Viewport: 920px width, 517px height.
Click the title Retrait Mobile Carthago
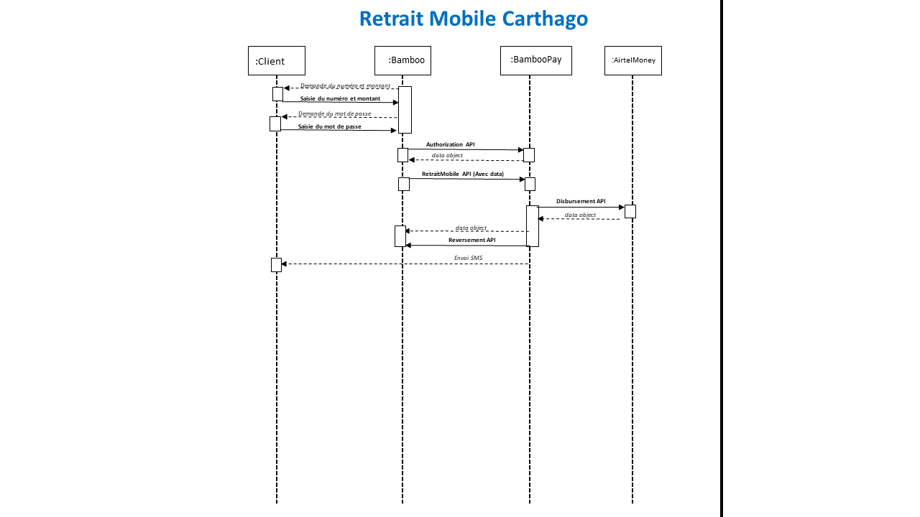coord(473,19)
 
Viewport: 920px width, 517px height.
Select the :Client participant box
coord(276,61)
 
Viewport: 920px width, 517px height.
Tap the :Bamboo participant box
coord(402,61)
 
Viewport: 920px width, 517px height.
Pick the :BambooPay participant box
coord(535,60)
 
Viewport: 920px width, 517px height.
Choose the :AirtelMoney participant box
coord(632,61)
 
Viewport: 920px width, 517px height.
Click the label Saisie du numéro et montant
coord(340,98)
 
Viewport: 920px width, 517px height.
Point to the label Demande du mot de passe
coord(334,113)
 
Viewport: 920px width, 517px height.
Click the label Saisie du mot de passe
coord(329,126)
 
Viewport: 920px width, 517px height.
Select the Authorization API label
coord(450,144)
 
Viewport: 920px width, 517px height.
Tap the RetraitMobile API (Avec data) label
coord(462,174)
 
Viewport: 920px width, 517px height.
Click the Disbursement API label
coord(581,202)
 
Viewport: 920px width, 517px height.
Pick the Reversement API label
coord(471,240)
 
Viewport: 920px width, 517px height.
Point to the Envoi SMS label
coord(468,258)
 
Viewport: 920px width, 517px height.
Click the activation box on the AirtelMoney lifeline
coord(630,211)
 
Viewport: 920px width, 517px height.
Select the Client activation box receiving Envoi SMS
coord(276,265)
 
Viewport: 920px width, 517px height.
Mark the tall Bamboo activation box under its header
coord(405,110)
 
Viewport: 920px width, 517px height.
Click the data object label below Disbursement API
coord(579,215)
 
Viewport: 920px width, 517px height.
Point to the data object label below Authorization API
coord(447,155)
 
